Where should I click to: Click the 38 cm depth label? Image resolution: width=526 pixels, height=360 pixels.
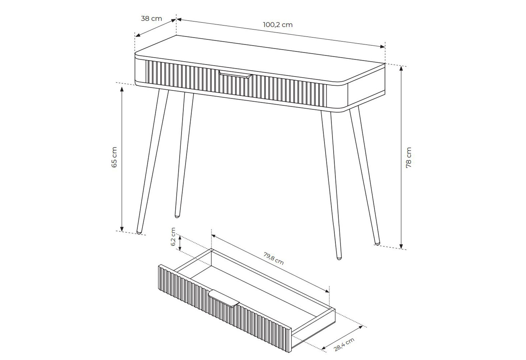click(x=151, y=18)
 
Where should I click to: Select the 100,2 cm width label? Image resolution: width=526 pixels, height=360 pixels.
click(x=278, y=25)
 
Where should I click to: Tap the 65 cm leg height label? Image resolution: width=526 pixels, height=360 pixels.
click(x=114, y=157)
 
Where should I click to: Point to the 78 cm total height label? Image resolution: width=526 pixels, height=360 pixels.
click(x=409, y=157)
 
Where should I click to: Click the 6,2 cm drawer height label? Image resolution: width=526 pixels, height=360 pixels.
click(x=173, y=237)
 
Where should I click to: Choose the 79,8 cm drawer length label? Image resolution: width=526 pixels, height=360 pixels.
click(x=274, y=258)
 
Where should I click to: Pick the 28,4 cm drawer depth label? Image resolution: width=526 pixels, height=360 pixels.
click(x=344, y=345)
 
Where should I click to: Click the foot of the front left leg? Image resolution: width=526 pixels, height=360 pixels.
click(x=139, y=232)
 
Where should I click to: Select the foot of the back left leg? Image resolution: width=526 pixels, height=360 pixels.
click(x=177, y=216)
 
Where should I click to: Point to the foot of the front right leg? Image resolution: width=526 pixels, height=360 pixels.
click(x=339, y=258)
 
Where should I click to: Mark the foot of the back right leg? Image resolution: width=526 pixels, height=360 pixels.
click(x=377, y=243)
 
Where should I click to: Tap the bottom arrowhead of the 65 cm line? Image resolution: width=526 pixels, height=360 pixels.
click(x=122, y=229)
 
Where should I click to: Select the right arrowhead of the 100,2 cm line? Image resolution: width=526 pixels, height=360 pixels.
click(x=383, y=46)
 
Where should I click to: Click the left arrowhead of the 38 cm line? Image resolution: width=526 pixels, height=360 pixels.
click(x=138, y=35)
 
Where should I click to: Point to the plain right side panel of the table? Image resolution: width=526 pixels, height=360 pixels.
click(x=366, y=85)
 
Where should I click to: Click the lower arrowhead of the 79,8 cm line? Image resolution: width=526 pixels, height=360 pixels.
click(x=327, y=291)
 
